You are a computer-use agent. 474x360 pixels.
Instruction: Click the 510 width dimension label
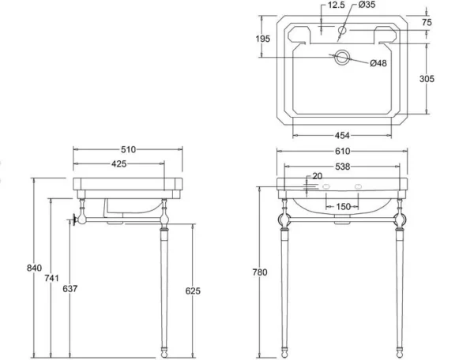tap(129, 149)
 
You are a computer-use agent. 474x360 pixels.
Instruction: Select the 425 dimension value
tap(119, 164)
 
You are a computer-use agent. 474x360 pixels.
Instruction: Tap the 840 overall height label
tap(34, 268)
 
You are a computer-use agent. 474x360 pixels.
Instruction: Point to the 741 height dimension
tap(51, 278)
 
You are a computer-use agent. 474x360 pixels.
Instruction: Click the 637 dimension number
tap(70, 289)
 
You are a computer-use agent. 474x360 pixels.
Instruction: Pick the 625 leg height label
tap(193, 291)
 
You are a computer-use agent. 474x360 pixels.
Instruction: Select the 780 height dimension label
tap(260, 272)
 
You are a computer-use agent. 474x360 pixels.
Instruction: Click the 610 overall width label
tap(343, 151)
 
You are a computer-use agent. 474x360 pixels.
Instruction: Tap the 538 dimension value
tap(343, 167)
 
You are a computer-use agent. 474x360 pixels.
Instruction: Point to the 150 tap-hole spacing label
tap(343, 207)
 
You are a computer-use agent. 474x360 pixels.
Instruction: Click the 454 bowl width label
tap(342, 136)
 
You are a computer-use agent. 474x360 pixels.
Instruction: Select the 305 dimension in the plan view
tap(427, 79)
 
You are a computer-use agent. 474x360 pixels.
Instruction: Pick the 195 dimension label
tap(263, 39)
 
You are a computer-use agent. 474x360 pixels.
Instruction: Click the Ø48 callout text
tap(378, 63)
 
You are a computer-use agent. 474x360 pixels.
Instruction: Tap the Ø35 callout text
tap(367, 5)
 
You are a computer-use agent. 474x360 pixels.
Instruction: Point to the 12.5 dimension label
tap(337, 6)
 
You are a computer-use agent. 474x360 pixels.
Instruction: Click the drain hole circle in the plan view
tap(342, 57)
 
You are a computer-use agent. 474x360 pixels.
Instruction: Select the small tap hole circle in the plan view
tap(342, 30)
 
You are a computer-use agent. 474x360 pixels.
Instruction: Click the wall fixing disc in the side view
tap(73, 219)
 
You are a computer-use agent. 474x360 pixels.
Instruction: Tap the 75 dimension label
tap(427, 22)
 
